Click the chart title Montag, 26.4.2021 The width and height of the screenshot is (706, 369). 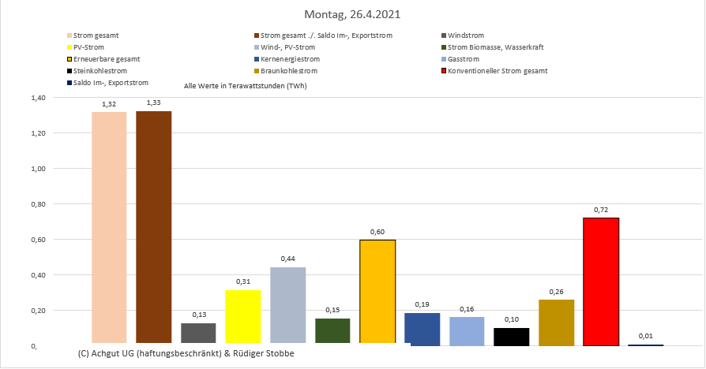point(353,14)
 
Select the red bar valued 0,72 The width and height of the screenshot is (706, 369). point(601,281)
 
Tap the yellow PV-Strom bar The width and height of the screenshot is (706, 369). point(242,317)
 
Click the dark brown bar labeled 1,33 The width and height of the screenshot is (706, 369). point(153,228)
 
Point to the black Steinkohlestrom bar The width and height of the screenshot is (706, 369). point(512,337)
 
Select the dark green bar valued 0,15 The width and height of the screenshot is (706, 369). point(332,331)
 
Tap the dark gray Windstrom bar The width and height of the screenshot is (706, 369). point(198,334)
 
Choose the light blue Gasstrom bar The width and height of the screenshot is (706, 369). point(467,331)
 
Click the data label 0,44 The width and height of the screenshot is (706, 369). point(287,259)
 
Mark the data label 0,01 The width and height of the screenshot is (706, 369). point(645,336)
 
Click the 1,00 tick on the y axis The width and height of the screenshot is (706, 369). point(39,169)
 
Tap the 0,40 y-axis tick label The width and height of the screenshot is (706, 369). point(39,275)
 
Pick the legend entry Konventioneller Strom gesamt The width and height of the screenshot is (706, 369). point(497,71)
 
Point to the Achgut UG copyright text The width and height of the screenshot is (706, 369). point(186,353)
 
